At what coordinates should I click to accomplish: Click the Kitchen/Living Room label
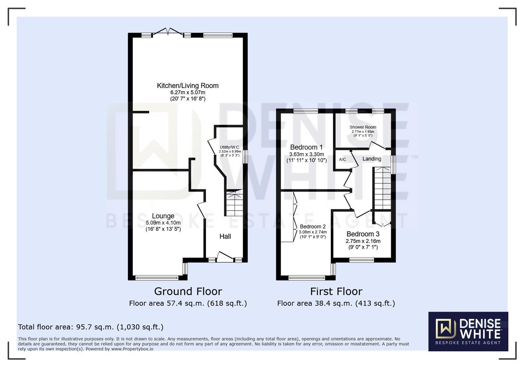(187, 86)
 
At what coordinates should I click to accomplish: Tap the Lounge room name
(163, 216)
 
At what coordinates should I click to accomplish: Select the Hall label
(225, 237)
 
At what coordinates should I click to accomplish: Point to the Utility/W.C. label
(230, 147)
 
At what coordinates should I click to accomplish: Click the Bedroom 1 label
(306, 147)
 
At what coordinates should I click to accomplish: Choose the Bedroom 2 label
(313, 227)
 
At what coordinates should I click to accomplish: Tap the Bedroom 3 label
(363, 234)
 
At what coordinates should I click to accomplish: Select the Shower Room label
(363, 127)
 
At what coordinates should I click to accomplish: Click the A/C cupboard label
(342, 159)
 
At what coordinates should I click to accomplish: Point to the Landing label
(372, 159)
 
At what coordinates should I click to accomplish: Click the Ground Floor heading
(188, 291)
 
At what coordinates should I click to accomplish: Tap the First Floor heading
(336, 291)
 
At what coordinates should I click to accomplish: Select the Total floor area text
(91, 327)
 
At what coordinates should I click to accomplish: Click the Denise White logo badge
(468, 331)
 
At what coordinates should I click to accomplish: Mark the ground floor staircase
(234, 204)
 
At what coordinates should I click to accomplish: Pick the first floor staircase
(382, 189)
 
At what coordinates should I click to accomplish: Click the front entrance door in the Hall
(225, 258)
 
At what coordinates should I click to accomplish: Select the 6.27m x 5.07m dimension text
(187, 92)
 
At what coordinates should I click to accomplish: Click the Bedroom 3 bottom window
(361, 260)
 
